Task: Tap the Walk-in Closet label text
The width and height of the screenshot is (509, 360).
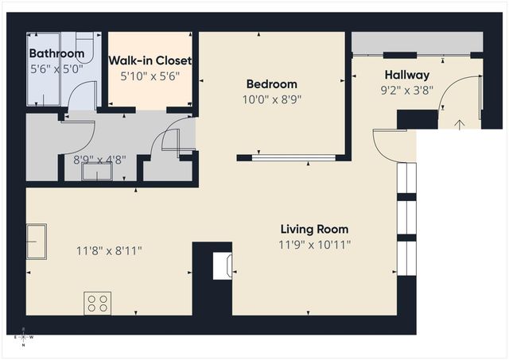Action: coord(150,60)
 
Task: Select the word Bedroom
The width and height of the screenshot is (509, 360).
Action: coord(271,84)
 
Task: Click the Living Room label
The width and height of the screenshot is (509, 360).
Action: coord(315,229)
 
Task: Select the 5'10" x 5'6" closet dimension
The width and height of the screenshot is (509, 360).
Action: coord(150,76)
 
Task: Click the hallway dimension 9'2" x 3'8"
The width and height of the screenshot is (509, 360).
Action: coord(406,90)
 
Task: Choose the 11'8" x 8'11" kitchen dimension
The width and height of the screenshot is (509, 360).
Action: coord(109,251)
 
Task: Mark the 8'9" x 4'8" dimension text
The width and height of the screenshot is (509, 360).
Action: coord(99,159)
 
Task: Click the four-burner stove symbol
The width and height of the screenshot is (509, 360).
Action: coord(98,303)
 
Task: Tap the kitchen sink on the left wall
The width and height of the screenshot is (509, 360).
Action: coord(36,236)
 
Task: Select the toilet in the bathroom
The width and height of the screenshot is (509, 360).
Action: coord(84,45)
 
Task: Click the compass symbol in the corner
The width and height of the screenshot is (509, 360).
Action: coord(23,337)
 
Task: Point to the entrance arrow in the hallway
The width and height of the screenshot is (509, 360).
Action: coord(460,123)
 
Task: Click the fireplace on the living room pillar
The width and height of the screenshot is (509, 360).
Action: coord(223,265)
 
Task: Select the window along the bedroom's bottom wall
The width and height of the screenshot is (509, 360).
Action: coord(293,157)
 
